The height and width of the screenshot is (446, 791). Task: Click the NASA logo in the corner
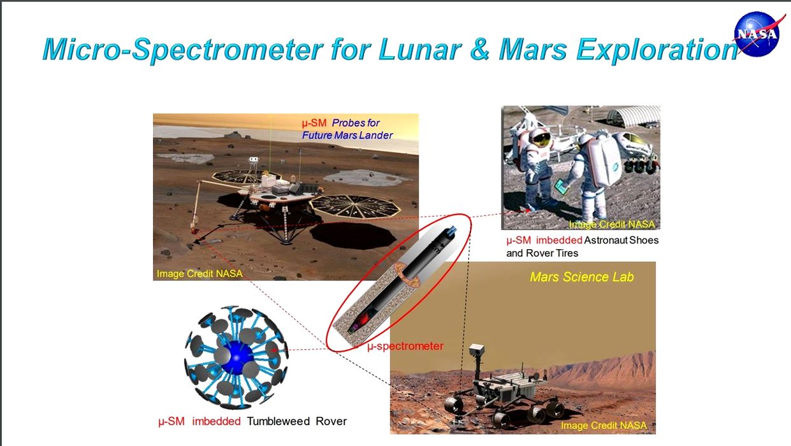(757, 34)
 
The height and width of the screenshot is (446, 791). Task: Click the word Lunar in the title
(420, 50)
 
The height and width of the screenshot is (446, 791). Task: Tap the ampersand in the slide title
(480, 50)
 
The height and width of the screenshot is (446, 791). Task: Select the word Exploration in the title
(657, 50)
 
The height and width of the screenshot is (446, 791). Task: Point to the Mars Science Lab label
(581, 277)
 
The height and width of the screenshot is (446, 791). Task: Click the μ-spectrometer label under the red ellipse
(405, 346)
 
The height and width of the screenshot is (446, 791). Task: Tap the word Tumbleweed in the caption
(279, 421)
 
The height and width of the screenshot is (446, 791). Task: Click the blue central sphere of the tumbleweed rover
(236, 357)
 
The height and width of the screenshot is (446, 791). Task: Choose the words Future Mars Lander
(347, 135)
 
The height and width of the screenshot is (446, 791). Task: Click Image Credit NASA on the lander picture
(200, 274)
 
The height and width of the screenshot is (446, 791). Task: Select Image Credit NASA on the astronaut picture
(612, 224)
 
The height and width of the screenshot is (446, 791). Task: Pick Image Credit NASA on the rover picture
(604, 425)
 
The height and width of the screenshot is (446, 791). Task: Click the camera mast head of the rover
(477, 350)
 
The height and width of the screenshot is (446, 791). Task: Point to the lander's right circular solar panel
(355, 206)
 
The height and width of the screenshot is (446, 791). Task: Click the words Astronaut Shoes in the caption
(621, 240)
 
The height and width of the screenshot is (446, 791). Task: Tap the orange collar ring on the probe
(408, 275)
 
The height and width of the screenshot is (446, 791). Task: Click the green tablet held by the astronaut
(561, 186)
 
